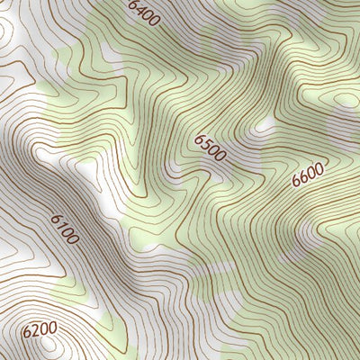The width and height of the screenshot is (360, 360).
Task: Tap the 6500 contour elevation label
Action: coord(210,148)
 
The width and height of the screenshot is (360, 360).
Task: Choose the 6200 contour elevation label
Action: coord(40,331)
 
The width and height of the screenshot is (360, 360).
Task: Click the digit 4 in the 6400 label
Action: coord(140,9)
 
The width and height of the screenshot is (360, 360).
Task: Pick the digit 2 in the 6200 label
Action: coord(35,331)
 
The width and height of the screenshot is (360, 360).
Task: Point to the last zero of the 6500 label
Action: coord(220,158)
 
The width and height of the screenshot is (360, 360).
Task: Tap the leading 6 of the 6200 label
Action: coord(27,334)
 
